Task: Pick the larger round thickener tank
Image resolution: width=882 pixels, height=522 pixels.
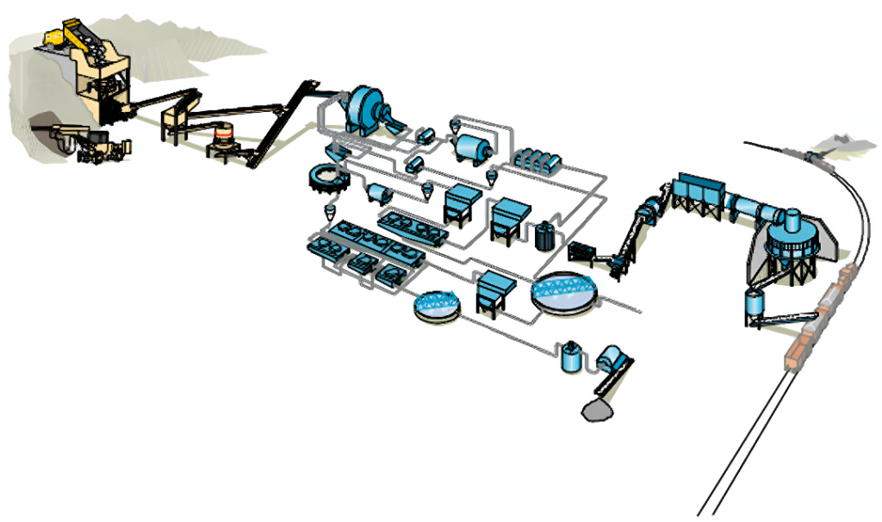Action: point(564,292)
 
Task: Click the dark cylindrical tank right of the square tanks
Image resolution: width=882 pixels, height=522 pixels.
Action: point(543,234)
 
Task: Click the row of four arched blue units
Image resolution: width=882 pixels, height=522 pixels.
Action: point(537,159)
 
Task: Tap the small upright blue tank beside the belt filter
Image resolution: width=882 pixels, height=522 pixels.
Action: point(569,357)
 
